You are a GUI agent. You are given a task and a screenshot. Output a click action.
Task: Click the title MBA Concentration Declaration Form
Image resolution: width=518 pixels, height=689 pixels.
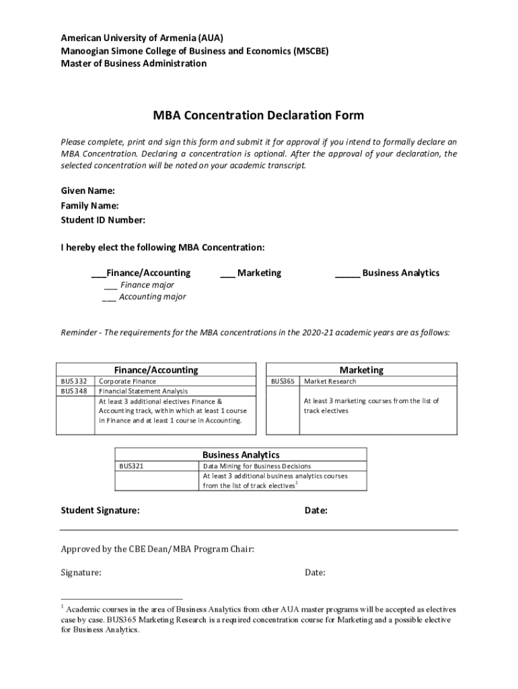pyautogui.click(x=258, y=115)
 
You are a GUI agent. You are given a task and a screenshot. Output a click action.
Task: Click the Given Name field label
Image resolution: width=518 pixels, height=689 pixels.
pyautogui.click(x=88, y=190)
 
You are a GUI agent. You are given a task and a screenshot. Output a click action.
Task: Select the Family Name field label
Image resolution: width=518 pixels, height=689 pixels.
pyautogui.click(x=90, y=205)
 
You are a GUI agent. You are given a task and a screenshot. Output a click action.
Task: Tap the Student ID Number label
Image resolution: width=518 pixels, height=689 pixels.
pyautogui.click(x=103, y=220)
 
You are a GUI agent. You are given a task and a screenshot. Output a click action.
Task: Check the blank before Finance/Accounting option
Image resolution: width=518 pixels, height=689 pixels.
pyautogui.click(x=98, y=274)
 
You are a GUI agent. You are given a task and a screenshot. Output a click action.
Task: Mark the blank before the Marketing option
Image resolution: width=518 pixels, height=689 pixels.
pyautogui.click(x=227, y=274)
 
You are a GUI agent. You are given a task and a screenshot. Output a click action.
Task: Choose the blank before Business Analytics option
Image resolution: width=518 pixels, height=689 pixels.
pyautogui.click(x=347, y=274)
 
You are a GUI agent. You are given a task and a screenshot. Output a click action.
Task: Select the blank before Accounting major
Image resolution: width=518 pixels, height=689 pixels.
pyautogui.click(x=109, y=297)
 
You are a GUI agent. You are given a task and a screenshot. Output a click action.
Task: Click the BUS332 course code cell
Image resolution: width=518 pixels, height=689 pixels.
pyautogui.click(x=74, y=381)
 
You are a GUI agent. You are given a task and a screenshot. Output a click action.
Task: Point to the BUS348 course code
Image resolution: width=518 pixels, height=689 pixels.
pyautogui.click(x=74, y=391)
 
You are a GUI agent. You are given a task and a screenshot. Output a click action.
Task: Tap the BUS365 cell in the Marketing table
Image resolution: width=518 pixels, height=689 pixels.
pyautogui.click(x=283, y=381)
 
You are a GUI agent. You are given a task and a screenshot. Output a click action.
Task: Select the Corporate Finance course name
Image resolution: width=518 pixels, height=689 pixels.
pyautogui.click(x=128, y=381)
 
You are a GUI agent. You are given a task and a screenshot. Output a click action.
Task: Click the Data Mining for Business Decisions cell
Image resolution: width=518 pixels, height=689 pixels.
pyautogui.click(x=256, y=466)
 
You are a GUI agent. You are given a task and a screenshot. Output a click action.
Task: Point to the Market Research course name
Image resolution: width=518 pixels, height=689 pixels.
pyautogui.click(x=330, y=381)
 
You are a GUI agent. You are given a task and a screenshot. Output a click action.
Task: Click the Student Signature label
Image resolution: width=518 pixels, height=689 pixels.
pyautogui.click(x=100, y=511)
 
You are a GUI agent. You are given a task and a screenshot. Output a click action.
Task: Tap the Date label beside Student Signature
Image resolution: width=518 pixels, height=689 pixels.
pyautogui.click(x=316, y=511)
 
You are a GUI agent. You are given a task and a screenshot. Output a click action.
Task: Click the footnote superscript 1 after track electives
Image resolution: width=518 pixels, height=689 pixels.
pyautogui.click(x=297, y=482)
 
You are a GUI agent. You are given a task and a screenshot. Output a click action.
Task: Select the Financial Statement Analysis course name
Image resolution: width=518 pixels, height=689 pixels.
pyautogui.click(x=143, y=391)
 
